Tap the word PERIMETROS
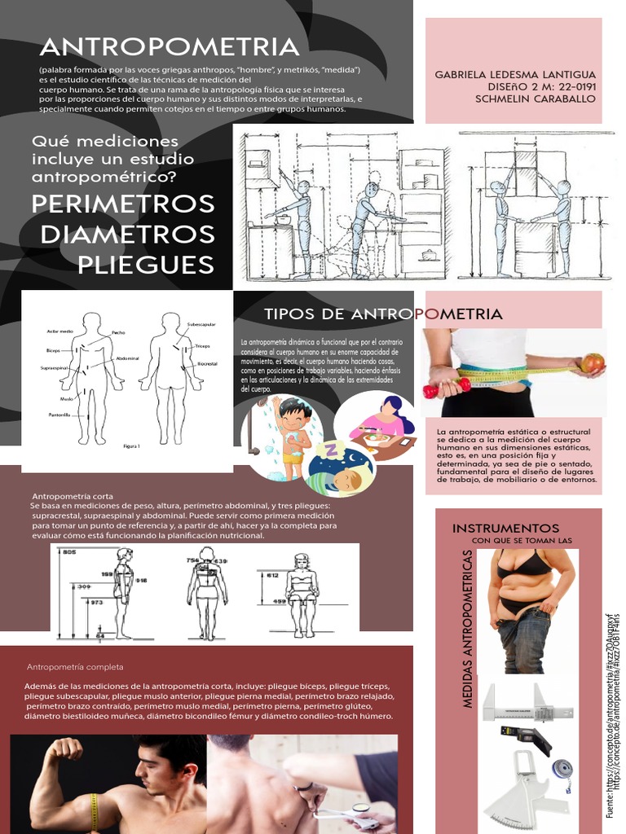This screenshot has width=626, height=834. click(x=123, y=203)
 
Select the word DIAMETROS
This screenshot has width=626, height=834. click(x=128, y=234)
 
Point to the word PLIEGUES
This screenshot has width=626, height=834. click(x=146, y=264)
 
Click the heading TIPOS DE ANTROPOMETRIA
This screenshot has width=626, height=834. click(x=383, y=314)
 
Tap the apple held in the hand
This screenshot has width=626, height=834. click(x=593, y=362)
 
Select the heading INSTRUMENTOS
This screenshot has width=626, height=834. click(x=506, y=529)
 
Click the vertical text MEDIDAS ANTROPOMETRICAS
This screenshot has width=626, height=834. click(x=467, y=617)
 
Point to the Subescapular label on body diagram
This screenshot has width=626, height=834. click(x=201, y=324)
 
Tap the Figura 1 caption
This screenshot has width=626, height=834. click(x=131, y=446)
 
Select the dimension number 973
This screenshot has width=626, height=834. click(x=97, y=602)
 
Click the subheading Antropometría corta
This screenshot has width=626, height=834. click(x=67, y=496)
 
